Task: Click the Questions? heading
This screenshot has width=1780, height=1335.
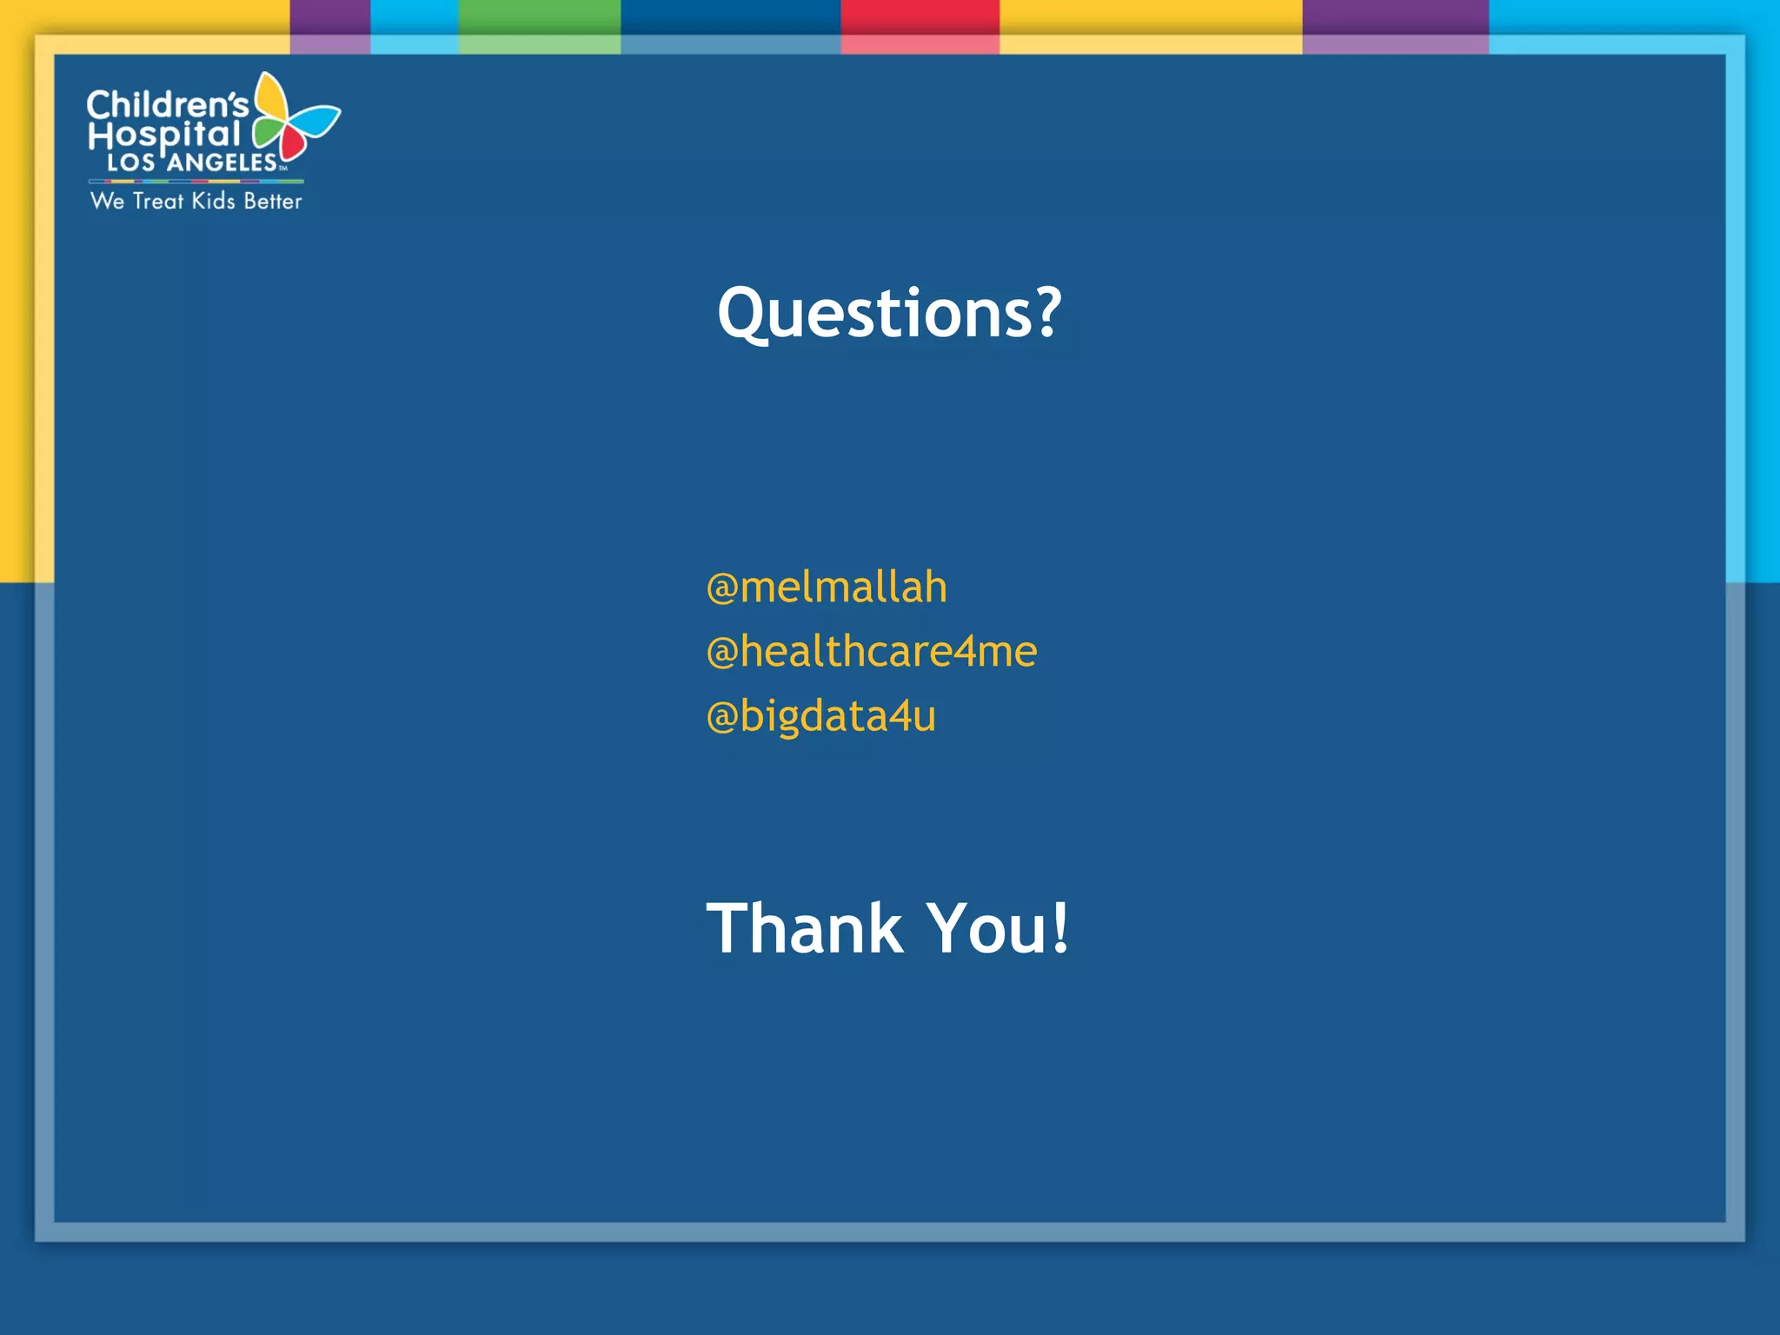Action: tap(888, 313)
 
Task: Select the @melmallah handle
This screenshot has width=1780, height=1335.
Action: tap(826, 588)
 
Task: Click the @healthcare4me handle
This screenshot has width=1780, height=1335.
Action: tap(871, 652)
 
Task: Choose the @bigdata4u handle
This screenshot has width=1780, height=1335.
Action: tap(820, 716)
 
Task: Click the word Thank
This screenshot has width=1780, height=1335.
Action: tap(805, 928)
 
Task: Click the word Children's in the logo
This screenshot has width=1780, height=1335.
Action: tap(167, 105)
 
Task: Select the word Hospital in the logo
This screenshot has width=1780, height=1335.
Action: tap(163, 135)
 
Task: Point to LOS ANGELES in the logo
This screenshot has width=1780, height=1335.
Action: tap(191, 163)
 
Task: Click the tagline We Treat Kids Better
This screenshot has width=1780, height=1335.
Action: tap(196, 201)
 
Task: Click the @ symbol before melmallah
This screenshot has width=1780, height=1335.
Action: tap(721, 589)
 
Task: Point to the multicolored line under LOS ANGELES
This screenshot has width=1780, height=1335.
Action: tap(196, 182)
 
